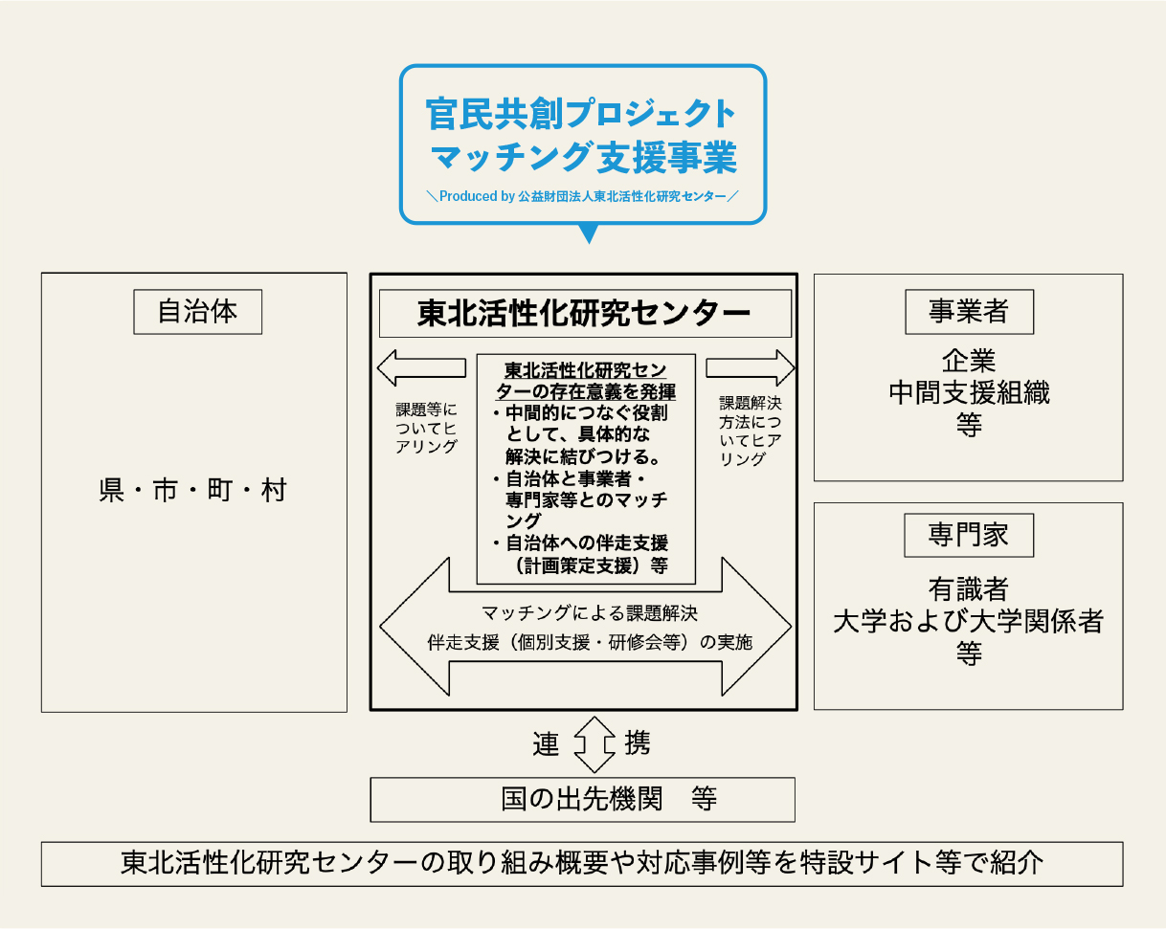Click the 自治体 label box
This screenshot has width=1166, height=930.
point(198,312)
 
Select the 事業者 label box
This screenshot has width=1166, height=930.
point(970,312)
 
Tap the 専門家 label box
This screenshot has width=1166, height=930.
point(969,535)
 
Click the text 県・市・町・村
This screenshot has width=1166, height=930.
point(192,491)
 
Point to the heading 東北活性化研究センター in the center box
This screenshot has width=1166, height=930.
point(585,313)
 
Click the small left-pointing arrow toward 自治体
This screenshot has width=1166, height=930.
point(421,367)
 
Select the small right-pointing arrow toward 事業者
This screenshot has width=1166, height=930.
point(750,367)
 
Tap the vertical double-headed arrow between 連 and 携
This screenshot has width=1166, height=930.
point(594,744)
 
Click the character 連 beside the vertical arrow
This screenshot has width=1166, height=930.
point(546,744)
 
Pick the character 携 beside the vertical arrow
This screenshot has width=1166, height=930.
point(638,742)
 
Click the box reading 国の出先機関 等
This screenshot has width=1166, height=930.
point(582,800)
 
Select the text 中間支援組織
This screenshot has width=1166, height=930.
point(970,392)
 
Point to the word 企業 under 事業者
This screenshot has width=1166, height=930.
point(969,361)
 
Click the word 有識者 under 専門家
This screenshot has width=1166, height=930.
point(969,589)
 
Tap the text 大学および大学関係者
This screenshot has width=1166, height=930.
point(969,621)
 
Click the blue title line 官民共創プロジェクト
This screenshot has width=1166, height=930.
point(581,114)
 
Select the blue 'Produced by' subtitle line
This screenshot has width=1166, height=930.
point(583,196)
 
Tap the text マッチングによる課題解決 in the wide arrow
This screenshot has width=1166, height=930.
point(590,613)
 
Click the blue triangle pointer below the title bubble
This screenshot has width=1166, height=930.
point(589,232)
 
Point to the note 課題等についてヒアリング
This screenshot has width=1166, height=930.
point(426,428)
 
